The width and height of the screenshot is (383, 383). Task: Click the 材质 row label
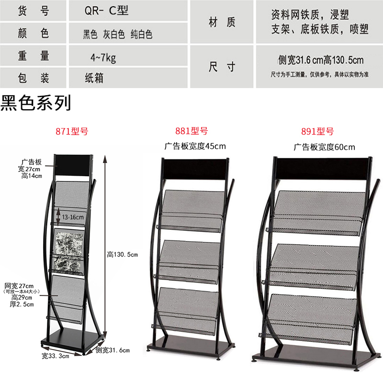(x=222, y=22)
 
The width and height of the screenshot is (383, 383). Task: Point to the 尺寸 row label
(x=222, y=67)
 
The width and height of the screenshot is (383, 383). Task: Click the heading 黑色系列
(x=36, y=103)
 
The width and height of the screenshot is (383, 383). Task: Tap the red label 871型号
(x=72, y=131)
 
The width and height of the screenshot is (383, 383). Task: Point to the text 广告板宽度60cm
(x=325, y=147)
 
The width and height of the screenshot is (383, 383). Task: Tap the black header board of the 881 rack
(x=194, y=168)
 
